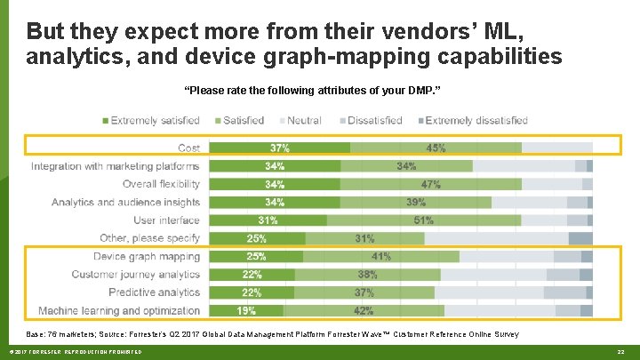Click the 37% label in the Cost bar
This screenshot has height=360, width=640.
[280, 148]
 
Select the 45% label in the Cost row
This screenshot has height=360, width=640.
[436, 148]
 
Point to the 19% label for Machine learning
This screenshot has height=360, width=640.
[246, 311]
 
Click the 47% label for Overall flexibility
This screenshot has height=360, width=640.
[430, 185]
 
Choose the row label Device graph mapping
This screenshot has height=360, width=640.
[147, 257]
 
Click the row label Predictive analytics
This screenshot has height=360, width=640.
[155, 292]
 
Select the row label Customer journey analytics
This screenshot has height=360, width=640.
[136, 275]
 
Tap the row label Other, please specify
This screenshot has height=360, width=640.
[150, 238]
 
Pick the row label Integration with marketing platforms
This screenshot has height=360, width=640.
[115, 166]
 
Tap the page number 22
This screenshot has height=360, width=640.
[621, 353]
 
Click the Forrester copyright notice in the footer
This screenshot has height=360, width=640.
[71, 353]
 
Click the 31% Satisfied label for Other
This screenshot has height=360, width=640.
[364, 238]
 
